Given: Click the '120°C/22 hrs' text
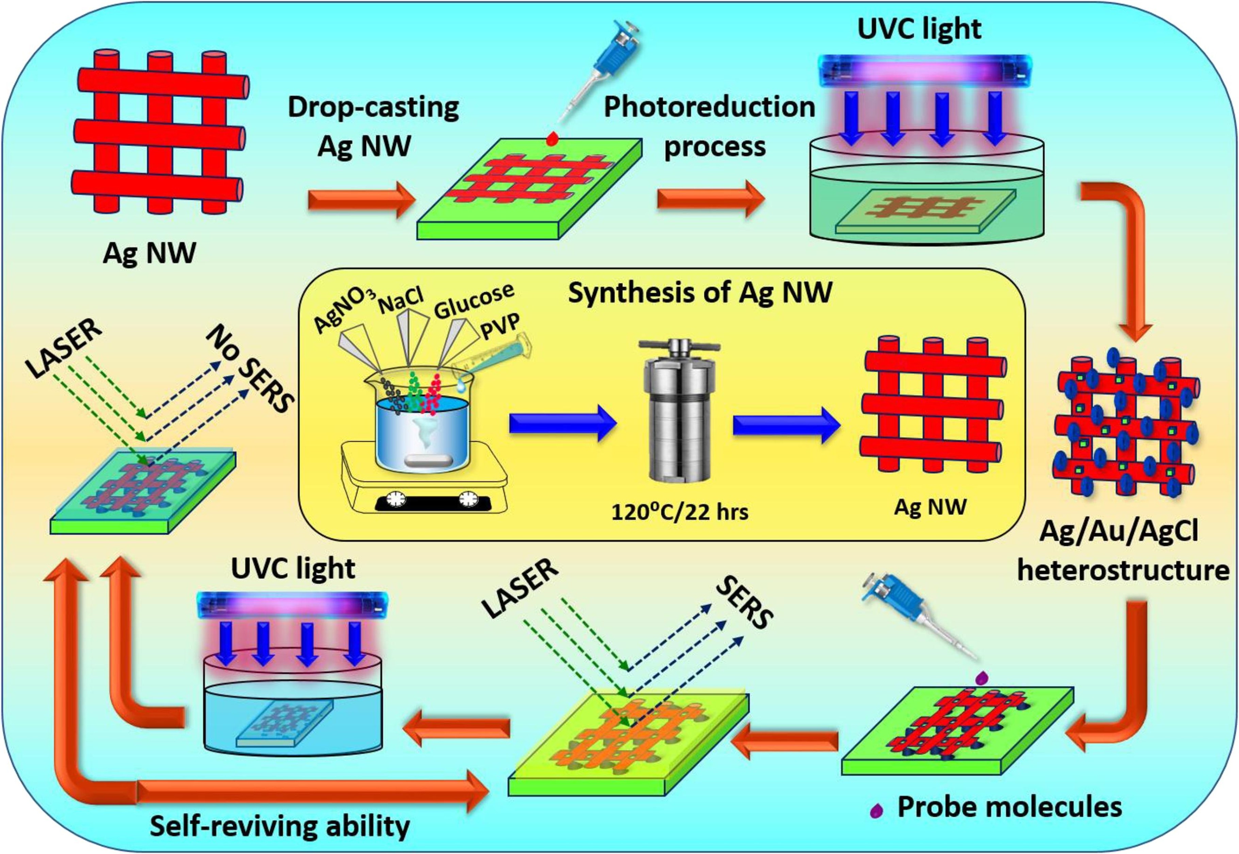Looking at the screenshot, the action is click(x=680, y=512).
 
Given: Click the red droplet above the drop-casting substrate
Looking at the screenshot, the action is click(x=553, y=138).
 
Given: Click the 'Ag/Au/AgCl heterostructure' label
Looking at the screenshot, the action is click(x=1122, y=551).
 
